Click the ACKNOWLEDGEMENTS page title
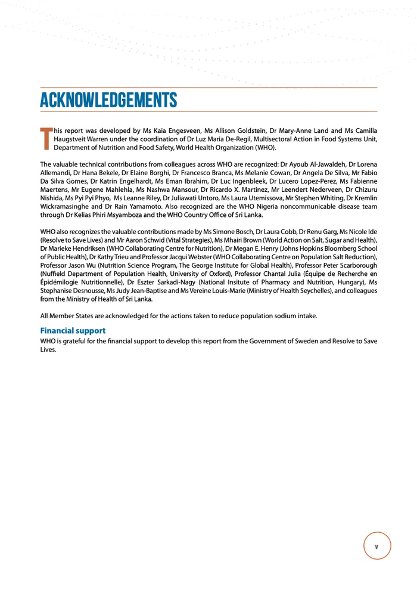108,100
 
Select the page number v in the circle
376,546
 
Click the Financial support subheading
73,330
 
